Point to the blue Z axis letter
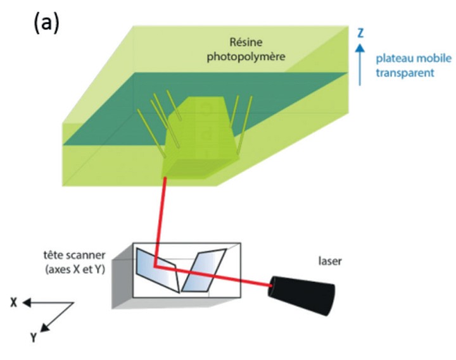click(360, 31)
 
